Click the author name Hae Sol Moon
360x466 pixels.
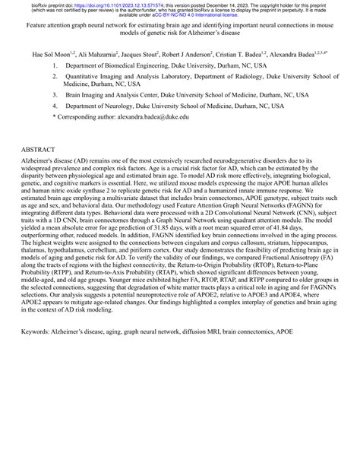tap(49, 55)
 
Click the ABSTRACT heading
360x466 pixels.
tap(40, 151)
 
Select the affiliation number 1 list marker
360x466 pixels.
tap(55, 67)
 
